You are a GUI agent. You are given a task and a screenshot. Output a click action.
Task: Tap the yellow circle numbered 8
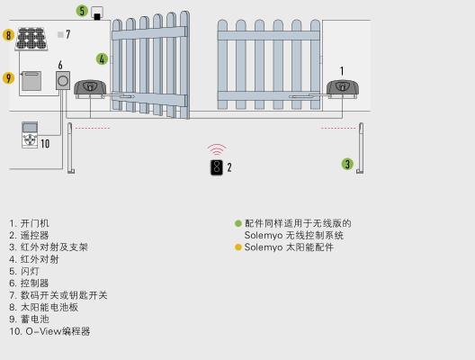click(x=8, y=35)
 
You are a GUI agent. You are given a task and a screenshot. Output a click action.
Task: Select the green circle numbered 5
click(x=82, y=12)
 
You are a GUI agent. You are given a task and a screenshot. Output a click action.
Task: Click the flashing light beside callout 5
click(x=97, y=14)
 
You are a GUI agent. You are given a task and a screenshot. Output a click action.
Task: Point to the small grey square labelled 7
click(x=60, y=34)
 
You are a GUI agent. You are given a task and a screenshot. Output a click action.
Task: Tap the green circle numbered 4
click(x=102, y=59)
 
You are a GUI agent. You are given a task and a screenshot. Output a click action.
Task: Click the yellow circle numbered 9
click(x=8, y=78)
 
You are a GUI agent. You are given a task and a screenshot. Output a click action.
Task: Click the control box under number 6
click(x=62, y=82)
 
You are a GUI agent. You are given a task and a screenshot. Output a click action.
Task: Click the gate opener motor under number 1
click(x=343, y=88)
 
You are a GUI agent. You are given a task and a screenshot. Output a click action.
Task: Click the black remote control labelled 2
click(x=216, y=167)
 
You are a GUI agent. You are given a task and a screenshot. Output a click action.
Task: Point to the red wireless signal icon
click(x=216, y=149)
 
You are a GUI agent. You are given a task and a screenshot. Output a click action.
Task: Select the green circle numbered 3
click(x=347, y=164)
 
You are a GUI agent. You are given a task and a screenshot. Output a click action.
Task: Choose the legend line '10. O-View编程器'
click(x=49, y=331)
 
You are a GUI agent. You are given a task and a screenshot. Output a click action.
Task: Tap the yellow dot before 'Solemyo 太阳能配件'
click(x=238, y=247)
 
